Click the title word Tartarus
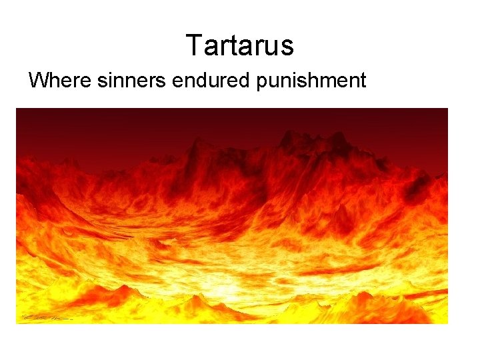pos(240,46)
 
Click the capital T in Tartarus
pos(193,46)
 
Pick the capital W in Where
pos(37,81)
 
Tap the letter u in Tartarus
pos(271,47)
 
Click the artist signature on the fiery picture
pos(47,317)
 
